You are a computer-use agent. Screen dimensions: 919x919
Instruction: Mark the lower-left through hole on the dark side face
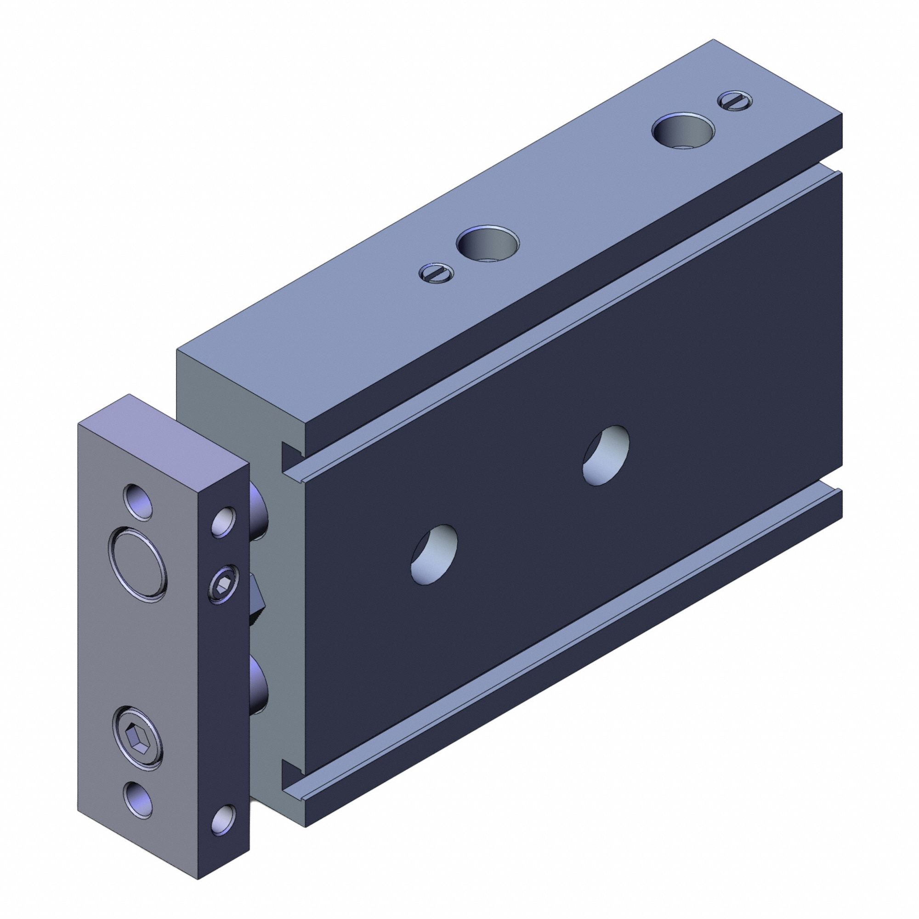point(434,554)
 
